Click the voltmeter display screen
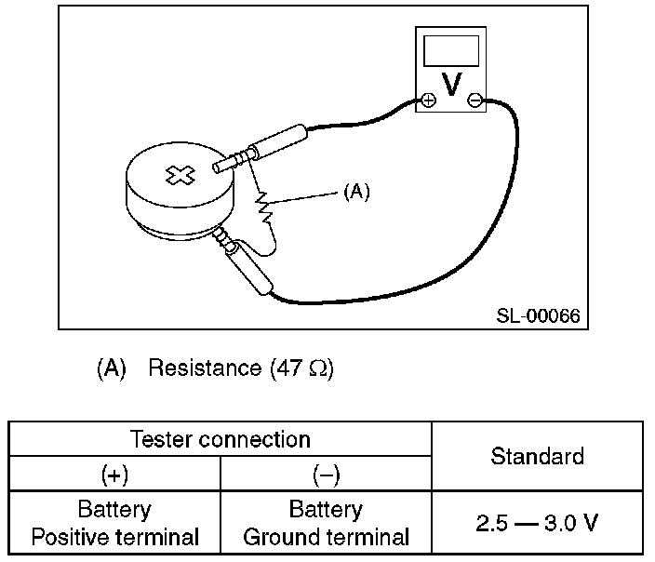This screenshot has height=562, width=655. (451, 50)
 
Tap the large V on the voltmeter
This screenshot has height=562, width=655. (451, 86)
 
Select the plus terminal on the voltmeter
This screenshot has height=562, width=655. (428, 100)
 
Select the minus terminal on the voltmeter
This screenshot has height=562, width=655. (475, 100)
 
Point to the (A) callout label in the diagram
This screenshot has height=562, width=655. (356, 193)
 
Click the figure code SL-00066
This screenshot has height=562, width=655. (538, 315)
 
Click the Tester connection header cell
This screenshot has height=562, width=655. (221, 438)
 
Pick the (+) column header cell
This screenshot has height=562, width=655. (115, 475)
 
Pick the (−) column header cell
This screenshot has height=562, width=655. (326, 475)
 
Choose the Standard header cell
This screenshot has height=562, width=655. (537, 456)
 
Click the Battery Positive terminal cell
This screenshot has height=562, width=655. (115, 523)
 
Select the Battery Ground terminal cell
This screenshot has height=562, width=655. (326, 523)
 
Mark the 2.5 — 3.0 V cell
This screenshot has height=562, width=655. (537, 523)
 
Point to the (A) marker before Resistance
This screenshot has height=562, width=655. (111, 368)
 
